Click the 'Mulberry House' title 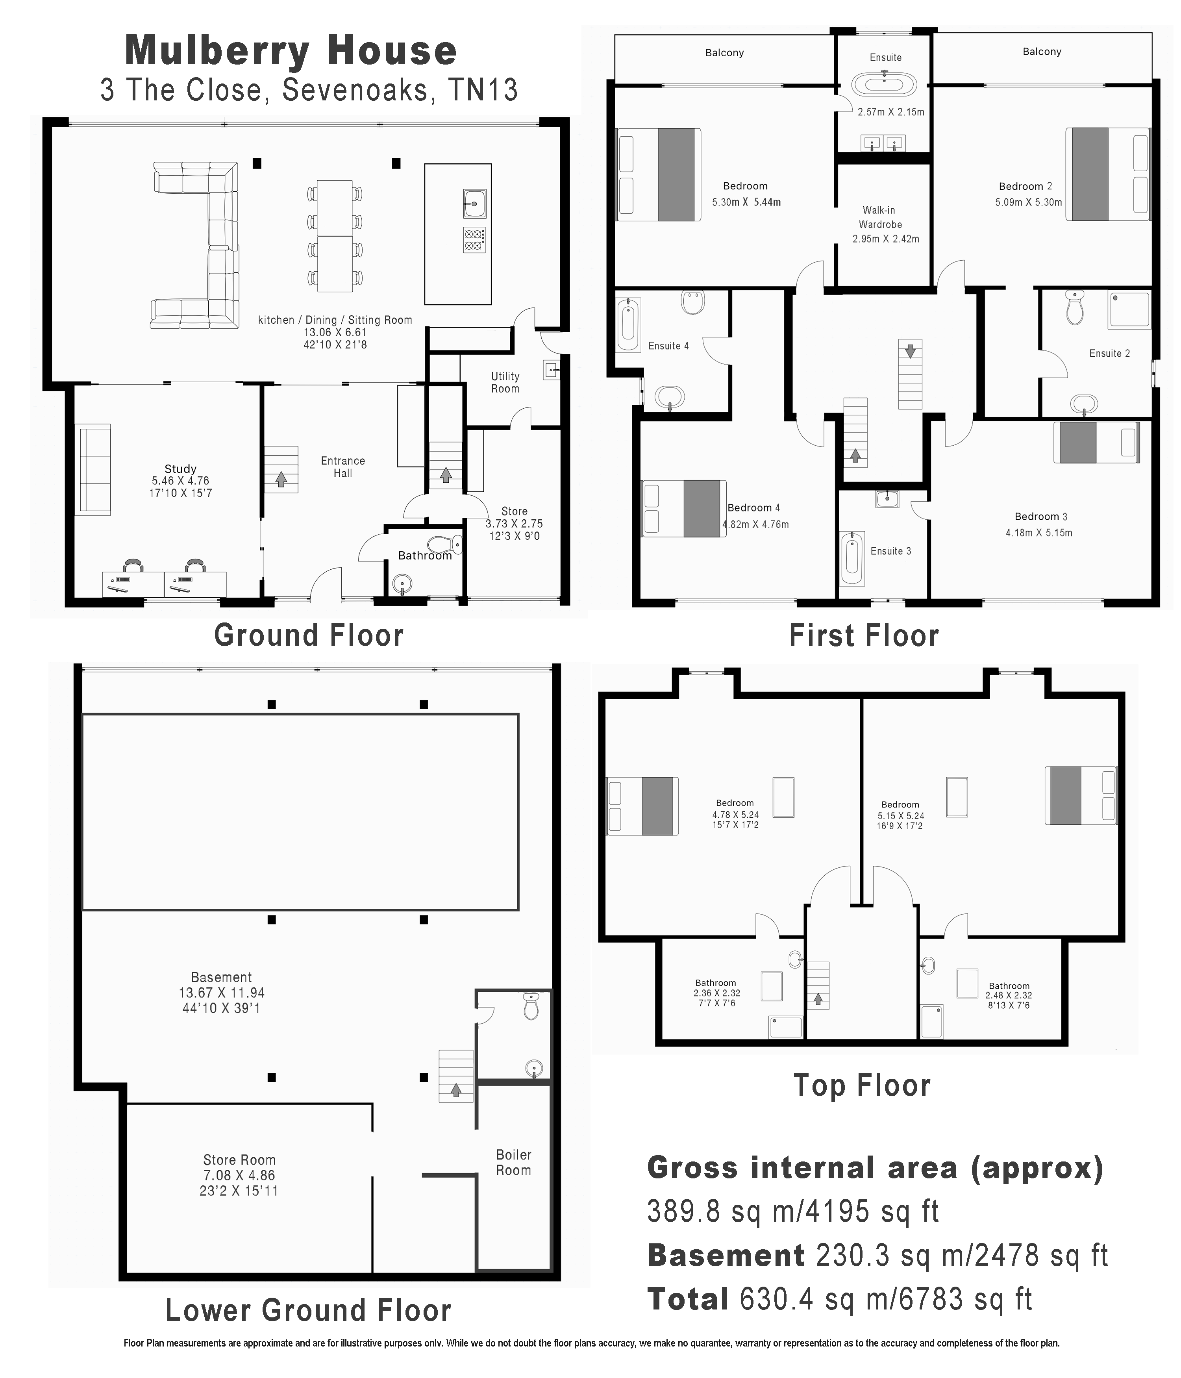pyautogui.click(x=291, y=50)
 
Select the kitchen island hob pyautogui.click(x=474, y=239)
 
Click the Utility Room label pyautogui.click(x=505, y=382)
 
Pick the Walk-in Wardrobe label pyautogui.click(x=879, y=217)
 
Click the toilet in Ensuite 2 pyautogui.click(x=1075, y=308)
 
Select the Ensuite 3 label pyautogui.click(x=890, y=551)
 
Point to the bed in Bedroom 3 pyautogui.click(x=1096, y=442)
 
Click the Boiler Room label pyautogui.click(x=513, y=1163)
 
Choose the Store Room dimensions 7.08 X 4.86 pyautogui.click(x=239, y=1175)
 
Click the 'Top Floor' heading pyautogui.click(x=862, y=1085)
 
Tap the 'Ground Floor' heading pyautogui.click(x=309, y=635)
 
